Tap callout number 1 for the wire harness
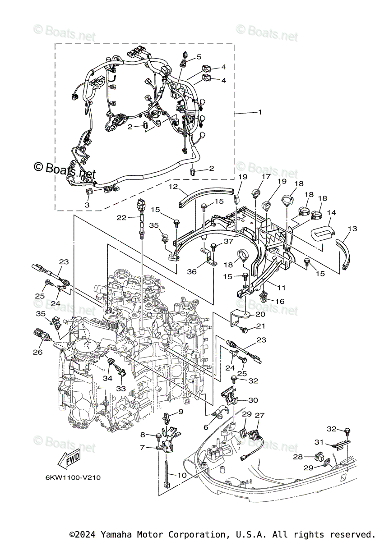point(260,112)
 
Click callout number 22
point(121,218)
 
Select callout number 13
point(352,229)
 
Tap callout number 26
point(37,352)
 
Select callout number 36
point(192,272)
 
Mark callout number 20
point(260,314)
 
